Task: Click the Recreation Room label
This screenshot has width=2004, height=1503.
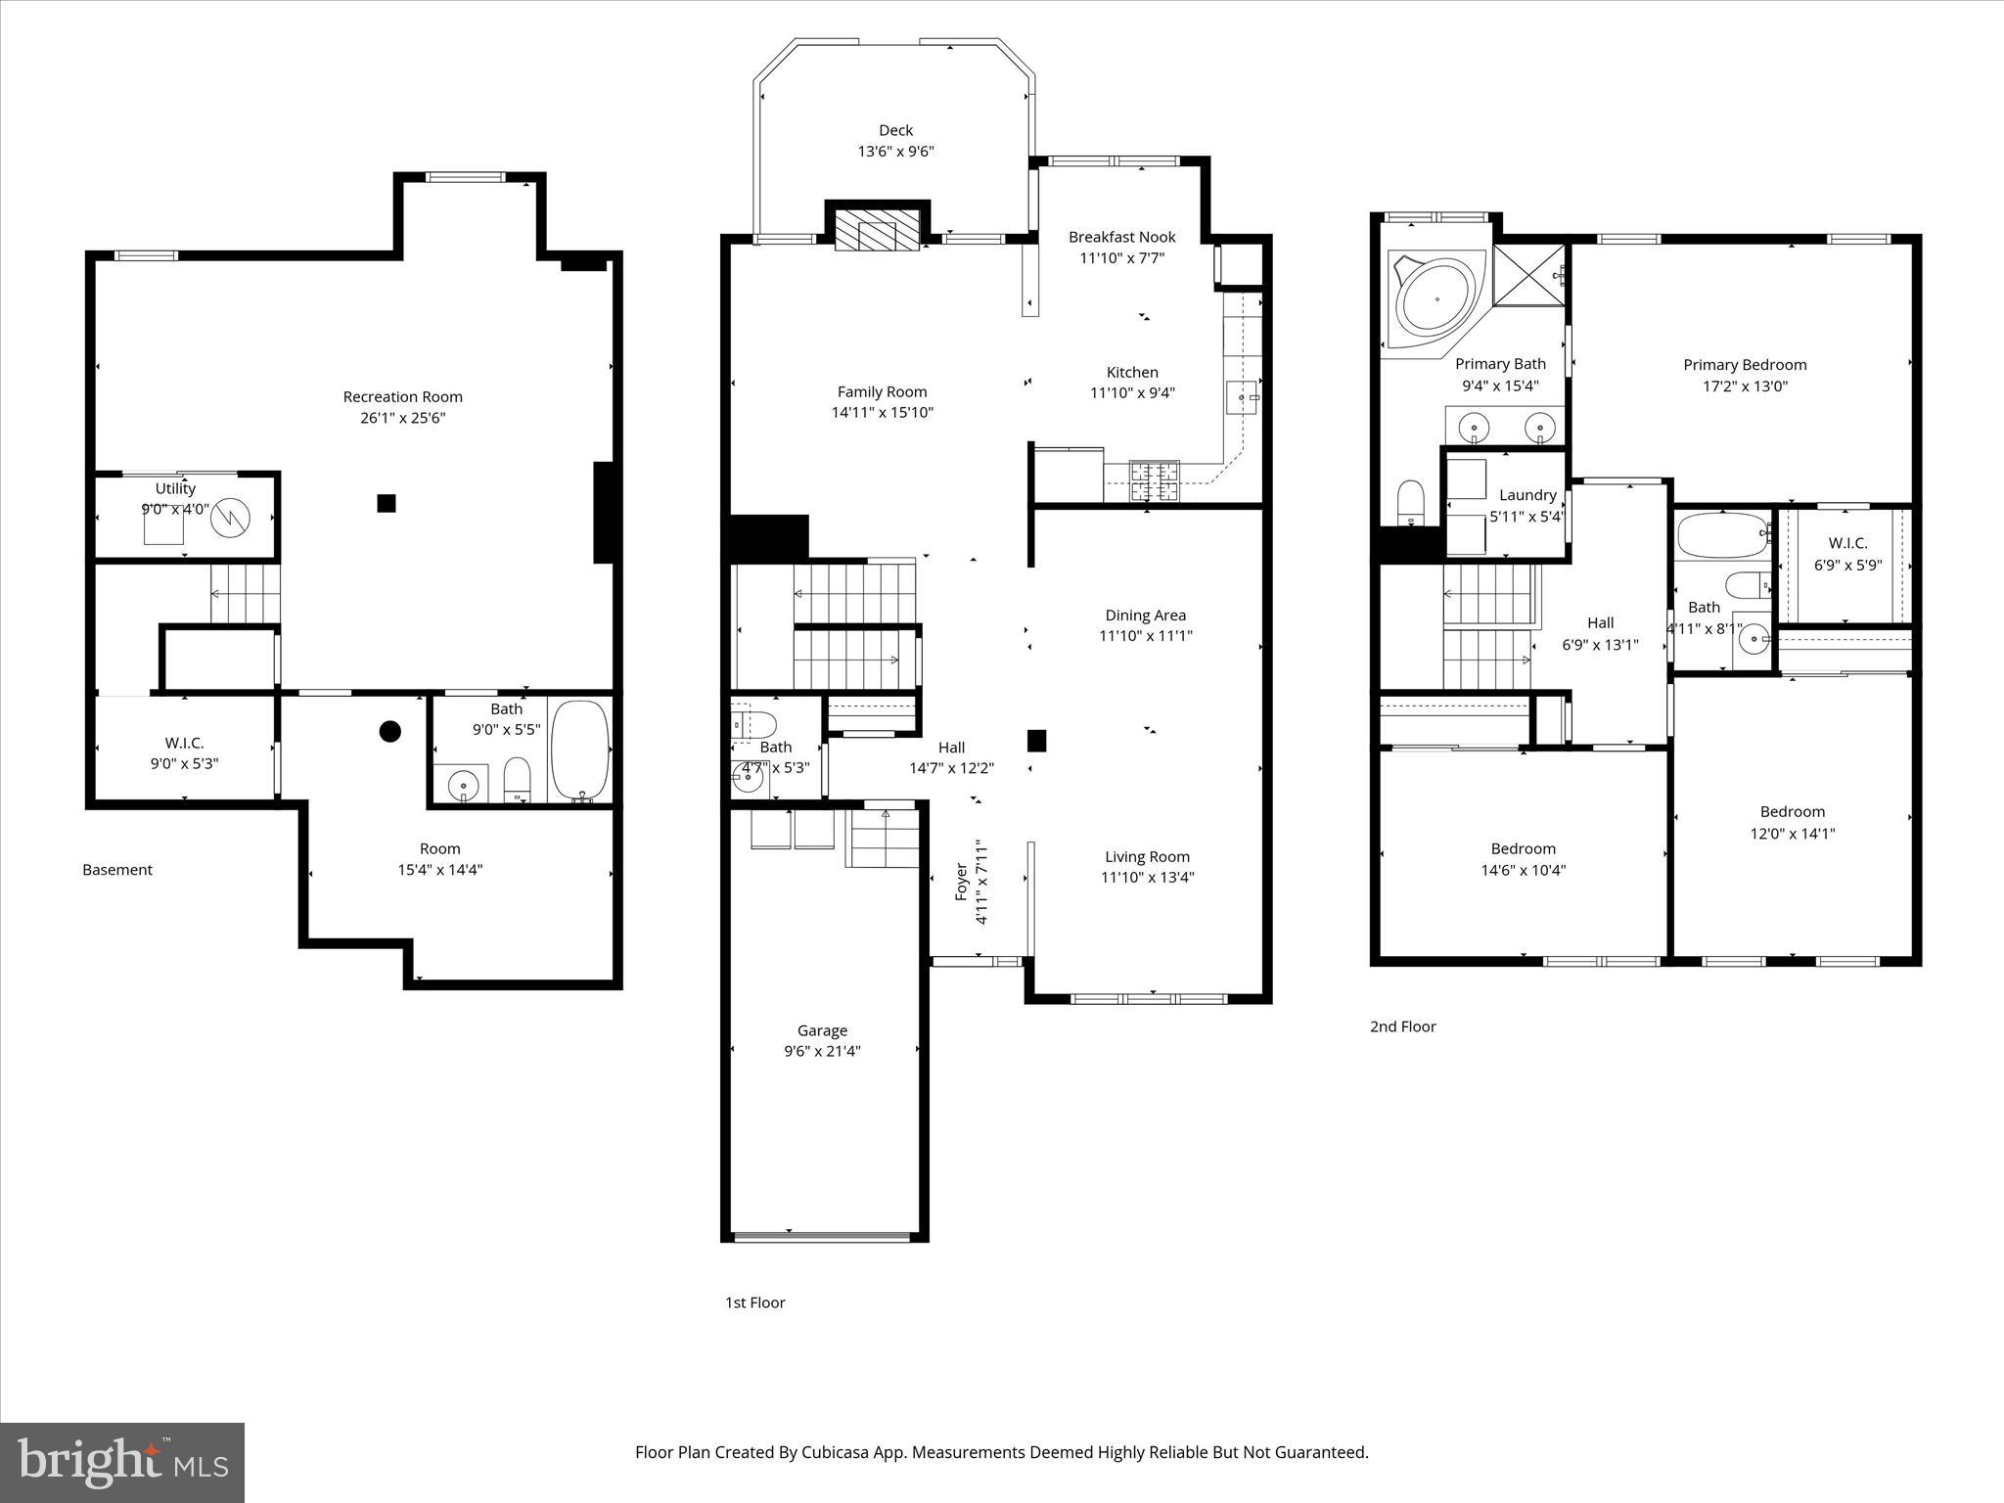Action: coord(402,396)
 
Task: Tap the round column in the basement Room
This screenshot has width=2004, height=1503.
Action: coord(389,731)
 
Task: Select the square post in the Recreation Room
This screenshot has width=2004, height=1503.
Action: coord(387,503)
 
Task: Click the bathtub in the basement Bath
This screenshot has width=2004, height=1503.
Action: coord(579,751)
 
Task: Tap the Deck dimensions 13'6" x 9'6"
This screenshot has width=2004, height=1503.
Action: coord(895,152)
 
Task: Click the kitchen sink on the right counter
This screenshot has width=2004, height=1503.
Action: coord(1242,397)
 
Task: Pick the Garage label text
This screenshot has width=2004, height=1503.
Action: coord(822,1030)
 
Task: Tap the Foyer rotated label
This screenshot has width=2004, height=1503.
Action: coord(961,882)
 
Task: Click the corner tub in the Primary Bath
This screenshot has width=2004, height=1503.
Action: coord(1436,298)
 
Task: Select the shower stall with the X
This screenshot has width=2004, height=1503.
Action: coord(1528,277)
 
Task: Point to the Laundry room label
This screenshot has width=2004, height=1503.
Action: coord(1527,495)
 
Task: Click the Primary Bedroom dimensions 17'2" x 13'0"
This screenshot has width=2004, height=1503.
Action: coord(1745,387)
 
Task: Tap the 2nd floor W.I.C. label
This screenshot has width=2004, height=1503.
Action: coord(1847,543)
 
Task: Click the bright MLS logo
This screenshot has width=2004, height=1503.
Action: coord(122,1462)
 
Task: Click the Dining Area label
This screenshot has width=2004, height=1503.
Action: coord(1145,615)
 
